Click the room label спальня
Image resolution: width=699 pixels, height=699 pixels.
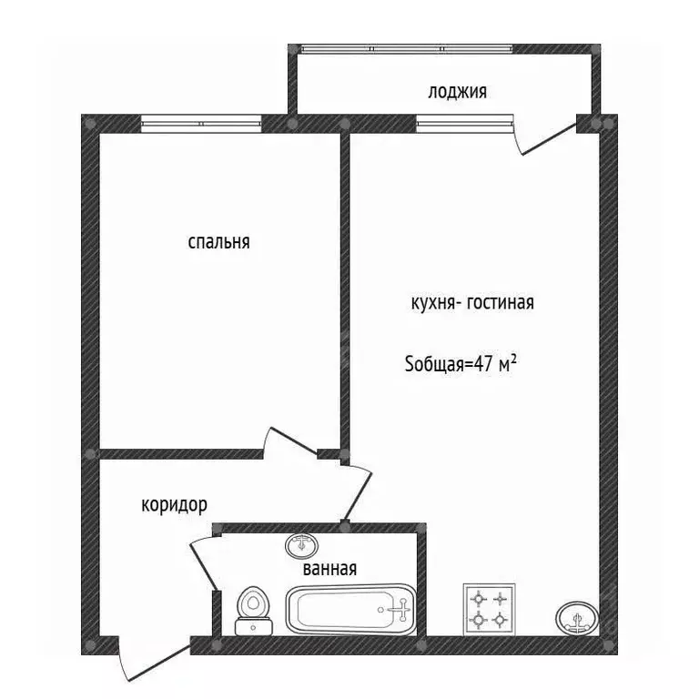(218, 242)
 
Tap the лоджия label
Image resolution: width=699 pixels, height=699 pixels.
(458, 92)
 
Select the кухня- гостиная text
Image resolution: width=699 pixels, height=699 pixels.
(472, 303)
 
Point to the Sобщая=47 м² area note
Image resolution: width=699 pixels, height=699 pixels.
(461, 364)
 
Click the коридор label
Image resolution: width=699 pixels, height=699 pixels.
(175, 505)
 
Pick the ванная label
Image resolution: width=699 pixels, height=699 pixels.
(329, 569)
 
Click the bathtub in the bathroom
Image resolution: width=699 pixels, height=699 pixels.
(350, 610)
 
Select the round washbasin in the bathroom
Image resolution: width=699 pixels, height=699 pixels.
(302, 545)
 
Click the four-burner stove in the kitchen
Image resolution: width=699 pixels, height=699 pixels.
(489, 610)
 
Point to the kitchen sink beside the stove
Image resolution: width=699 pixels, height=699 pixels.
(577, 618)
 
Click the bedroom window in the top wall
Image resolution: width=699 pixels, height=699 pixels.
(201, 124)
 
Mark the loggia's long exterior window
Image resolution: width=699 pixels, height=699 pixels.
(405, 49)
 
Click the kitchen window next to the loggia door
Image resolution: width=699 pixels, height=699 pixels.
(464, 124)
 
